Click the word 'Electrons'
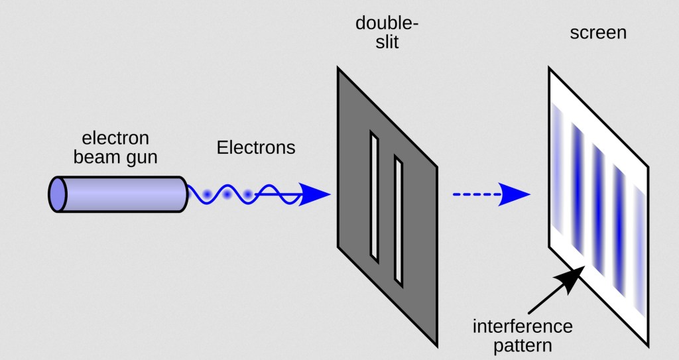pyautogui.click(x=256, y=147)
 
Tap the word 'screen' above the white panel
pyautogui.click(x=598, y=32)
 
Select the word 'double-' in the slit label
pyautogui.click(x=387, y=25)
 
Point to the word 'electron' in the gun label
pyautogui.click(x=115, y=139)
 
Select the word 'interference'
pyautogui.click(x=523, y=327)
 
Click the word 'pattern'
pyautogui.click(x=523, y=345)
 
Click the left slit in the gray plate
pyautogui.click(x=375, y=196)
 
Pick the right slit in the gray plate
pyautogui.click(x=399, y=219)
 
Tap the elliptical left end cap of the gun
pyautogui.click(x=57, y=194)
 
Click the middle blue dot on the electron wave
pyautogui.click(x=227, y=195)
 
